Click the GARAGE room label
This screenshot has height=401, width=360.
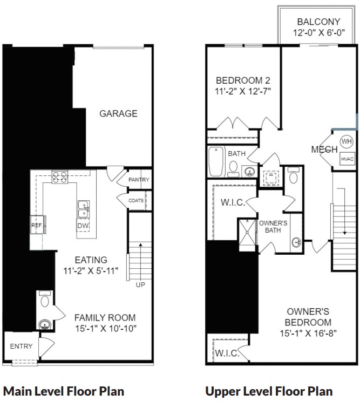point(118,113)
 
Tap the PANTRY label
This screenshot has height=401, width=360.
point(139,180)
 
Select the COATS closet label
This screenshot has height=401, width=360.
point(136,201)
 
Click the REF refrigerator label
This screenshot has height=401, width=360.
point(36,226)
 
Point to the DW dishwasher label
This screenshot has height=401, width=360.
point(83,226)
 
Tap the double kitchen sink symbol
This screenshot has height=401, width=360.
point(84,207)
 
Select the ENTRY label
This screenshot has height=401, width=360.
point(21,346)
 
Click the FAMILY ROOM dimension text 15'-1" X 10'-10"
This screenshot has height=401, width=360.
point(105,328)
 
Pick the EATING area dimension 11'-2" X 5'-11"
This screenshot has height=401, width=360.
point(91,270)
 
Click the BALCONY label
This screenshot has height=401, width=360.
point(318,22)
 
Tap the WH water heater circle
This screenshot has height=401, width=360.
point(346,142)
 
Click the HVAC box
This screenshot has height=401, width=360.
point(346,159)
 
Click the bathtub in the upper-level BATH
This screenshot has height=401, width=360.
point(216,162)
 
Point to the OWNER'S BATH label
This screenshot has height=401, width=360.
point(273,227)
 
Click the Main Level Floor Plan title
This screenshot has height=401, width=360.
point(64,391)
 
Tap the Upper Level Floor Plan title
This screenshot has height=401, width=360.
point(269,391)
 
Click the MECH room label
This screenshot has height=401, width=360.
point(324,149)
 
